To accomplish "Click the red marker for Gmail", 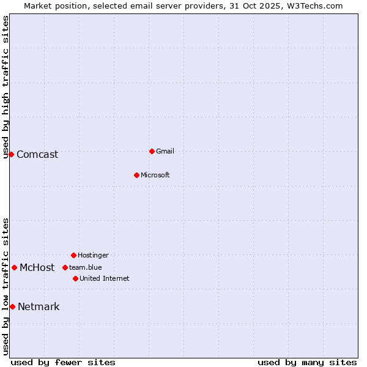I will (x=152, y=151).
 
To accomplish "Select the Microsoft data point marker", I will (x=136, y=175).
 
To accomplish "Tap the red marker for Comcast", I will (x=11, y=154).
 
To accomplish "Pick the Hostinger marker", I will (x=73, y=255).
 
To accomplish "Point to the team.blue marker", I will (x=65, y=267).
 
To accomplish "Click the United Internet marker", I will (x=75, y=278).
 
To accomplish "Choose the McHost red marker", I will (x=14, y=267).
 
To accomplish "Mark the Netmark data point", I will (x=12, y=306).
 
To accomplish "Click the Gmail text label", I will (x=165, y=151).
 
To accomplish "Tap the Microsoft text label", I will (x=155, y=175).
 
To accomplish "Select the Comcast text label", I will (x=37, y=154).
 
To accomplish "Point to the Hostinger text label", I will (x=93, y=255).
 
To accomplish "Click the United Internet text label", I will (x=105, y=278).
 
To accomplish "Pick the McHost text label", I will (x=37, y=267).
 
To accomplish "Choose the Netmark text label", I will (x=39, y=306).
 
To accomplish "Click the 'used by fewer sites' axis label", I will (x=63, y=362).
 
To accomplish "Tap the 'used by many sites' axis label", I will (x=307, y=362).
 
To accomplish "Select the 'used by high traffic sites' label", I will (x=6, y=87).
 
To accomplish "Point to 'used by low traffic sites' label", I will (x=6, y=286).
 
